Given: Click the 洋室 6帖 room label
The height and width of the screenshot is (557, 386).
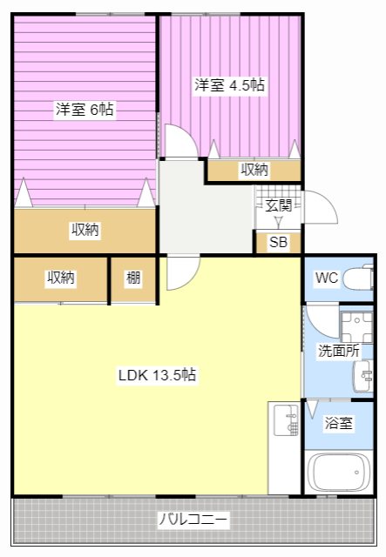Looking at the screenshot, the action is click(85, 110).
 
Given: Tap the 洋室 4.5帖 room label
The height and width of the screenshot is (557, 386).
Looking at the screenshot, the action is click(229, 85).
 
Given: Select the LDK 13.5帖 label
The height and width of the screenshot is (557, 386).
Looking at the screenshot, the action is click(157, 375).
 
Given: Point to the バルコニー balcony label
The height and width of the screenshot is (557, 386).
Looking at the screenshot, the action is click(193, 520).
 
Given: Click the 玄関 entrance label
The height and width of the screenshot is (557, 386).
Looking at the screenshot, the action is click(279, 205).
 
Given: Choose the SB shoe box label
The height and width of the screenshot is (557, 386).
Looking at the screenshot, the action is click(279, 242).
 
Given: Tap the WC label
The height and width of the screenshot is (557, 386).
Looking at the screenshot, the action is click(327, 278).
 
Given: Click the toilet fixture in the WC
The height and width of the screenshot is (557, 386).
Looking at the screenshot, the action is click(358, 278).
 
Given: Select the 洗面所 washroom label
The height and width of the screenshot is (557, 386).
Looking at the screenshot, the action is click(338, 351).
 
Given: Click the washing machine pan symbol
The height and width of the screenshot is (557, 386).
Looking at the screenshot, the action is click(356, 327).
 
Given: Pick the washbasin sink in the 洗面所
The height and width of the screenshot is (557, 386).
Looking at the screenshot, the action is click(363, 376).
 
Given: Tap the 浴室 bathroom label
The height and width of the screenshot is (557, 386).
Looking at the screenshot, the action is click(338, 423).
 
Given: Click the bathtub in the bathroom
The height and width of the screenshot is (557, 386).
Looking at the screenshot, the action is click(339, 473).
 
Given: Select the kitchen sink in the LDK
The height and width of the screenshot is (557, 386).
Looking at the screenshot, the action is click(286, 420).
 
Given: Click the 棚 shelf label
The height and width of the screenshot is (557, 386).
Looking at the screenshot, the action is click(133, 278).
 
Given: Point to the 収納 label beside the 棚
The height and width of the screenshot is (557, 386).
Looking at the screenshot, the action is click(61, 278).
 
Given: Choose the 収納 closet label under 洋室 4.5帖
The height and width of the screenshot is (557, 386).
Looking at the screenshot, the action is click(254, 170).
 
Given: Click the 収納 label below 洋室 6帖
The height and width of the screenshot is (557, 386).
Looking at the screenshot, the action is click(85, 230).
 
